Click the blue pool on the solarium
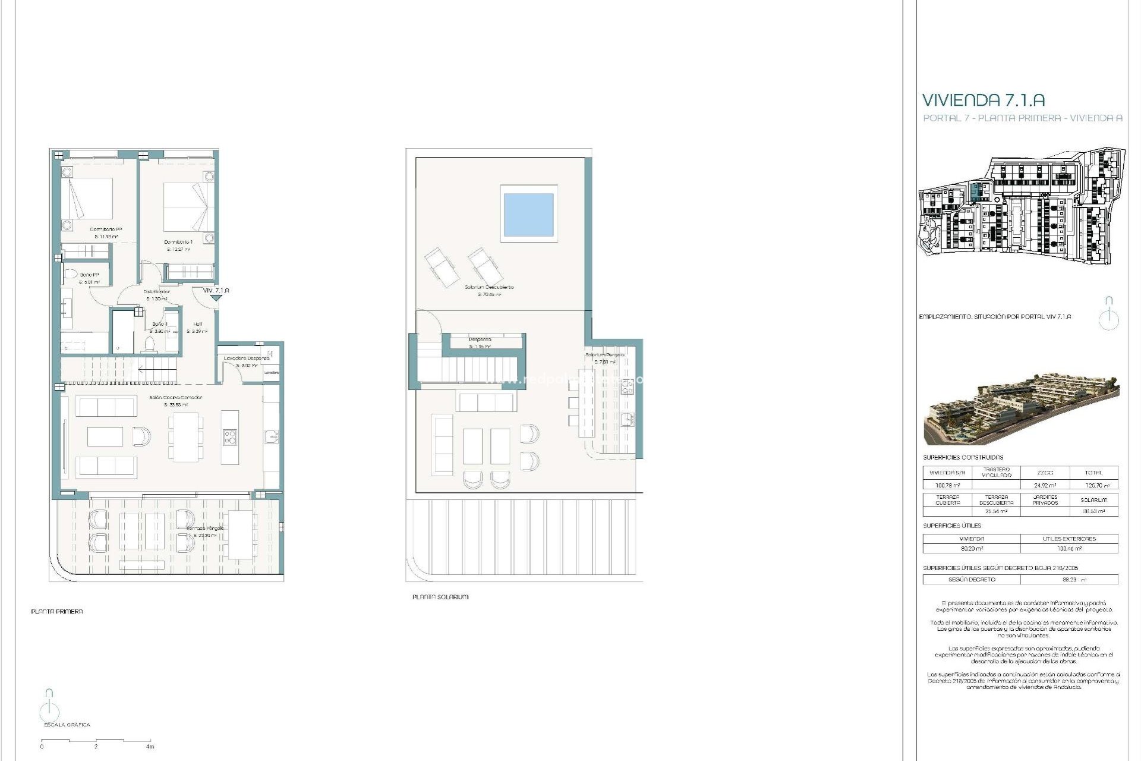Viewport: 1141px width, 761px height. [x=528, y=214]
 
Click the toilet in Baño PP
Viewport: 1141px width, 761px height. [x=71, y=274]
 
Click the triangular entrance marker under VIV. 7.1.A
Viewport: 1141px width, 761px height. [x=216, y=298]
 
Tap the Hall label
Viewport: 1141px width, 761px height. [x=197, y=324]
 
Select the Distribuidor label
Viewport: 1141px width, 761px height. [x=157, y=291]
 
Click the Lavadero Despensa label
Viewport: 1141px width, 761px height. [x=247, y=358]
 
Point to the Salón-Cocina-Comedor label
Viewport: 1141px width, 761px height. [x=175, y=397]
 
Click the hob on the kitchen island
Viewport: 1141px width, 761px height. [x=230, y=438]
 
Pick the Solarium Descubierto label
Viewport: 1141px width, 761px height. [x=489, y=287]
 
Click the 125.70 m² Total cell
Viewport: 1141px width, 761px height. [x=1093, y=485]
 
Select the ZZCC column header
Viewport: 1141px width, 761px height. [x=1045, y=473]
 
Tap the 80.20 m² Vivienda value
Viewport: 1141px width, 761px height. [x=972, y=549]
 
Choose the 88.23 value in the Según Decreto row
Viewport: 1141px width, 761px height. [x=1070, y=579]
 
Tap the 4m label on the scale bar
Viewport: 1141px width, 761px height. [x=150, y=747]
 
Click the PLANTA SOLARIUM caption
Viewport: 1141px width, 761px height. [x=440, y=597]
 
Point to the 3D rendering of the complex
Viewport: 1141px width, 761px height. [x=1021, y=409]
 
